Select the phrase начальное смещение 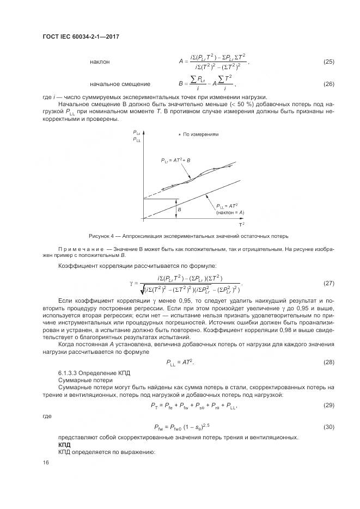[120, 84]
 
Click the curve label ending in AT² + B [175, 161]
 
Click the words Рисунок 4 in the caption [101, 236]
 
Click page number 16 [46, 463]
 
